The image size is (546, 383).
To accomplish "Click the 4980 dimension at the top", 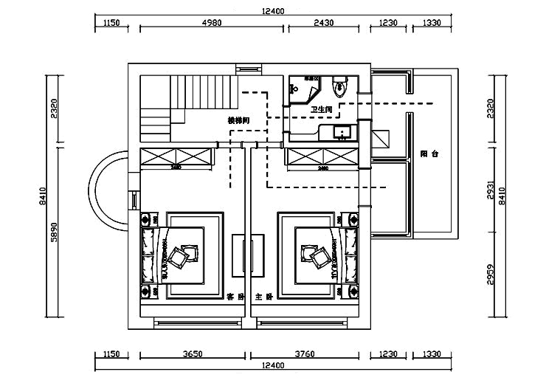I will coord(212,23).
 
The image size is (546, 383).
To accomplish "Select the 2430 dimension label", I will coord(323,23).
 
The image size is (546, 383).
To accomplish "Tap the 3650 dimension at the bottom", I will coord(192,354).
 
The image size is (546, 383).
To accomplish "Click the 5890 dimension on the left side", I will coord(53,236).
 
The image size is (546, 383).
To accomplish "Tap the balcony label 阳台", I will coord(429,154).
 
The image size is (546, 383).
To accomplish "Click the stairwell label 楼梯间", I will coord(238,120).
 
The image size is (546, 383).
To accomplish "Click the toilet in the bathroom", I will coord(339,87).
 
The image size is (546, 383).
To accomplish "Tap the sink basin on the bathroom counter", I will coord(342,133).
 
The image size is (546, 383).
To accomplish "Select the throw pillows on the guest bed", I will coord(180,255).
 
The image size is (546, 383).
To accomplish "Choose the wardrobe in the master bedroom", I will coord(322,156).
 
